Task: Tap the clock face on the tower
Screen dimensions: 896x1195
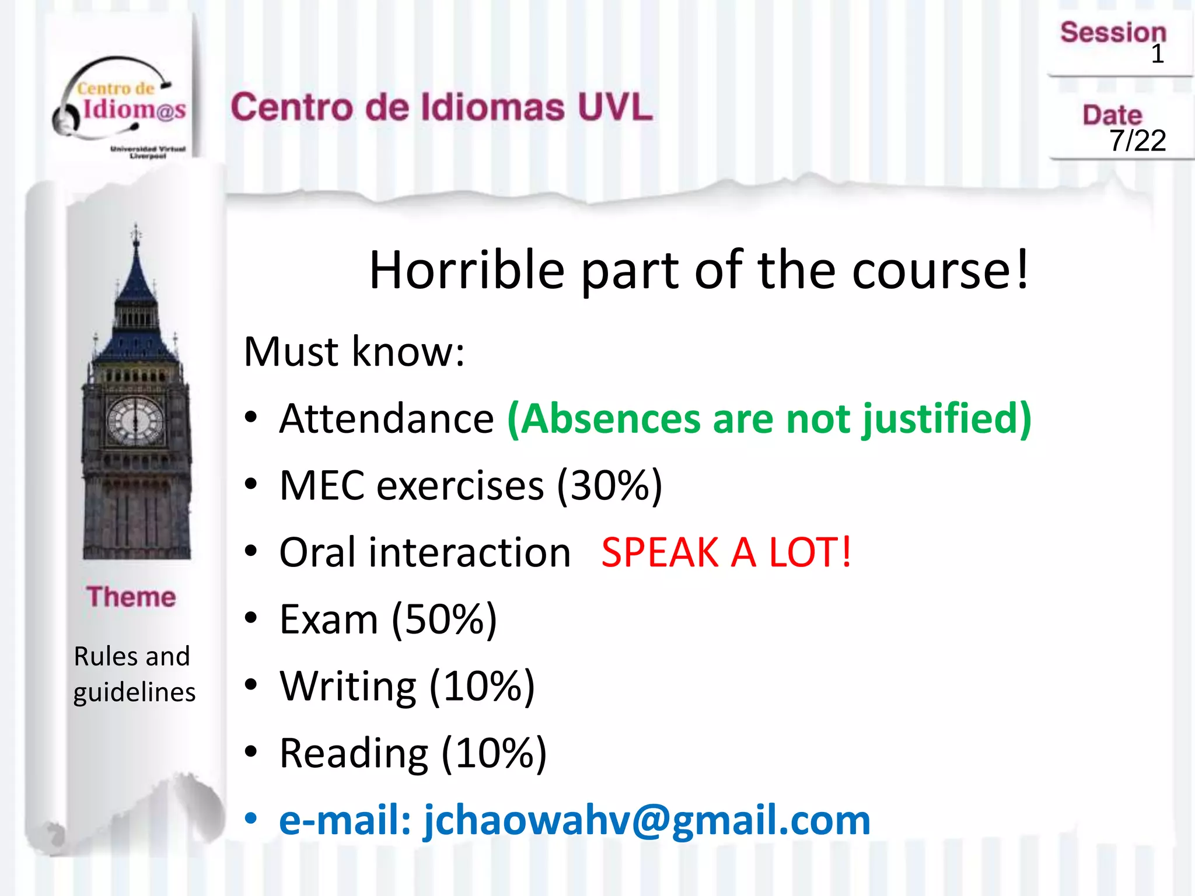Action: [136, 421]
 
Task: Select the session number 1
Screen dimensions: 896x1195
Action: [1157, 54]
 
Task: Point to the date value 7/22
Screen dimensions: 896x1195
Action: [1137, 141]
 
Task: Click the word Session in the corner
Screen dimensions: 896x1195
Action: [1113, 32]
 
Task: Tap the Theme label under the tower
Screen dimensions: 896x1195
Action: [131, 597]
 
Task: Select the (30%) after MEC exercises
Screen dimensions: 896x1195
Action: [609, 485]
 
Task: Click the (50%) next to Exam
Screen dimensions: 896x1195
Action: [444, 619]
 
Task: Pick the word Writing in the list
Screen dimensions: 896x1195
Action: [348, 686]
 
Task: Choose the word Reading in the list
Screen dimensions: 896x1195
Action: [354, 753]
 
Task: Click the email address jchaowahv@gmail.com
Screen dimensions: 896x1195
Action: [647, 820]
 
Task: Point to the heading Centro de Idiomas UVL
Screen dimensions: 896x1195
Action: [441, 107]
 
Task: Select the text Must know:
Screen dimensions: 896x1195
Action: [354, 352]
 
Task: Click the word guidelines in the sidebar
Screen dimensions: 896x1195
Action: [134, 692]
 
